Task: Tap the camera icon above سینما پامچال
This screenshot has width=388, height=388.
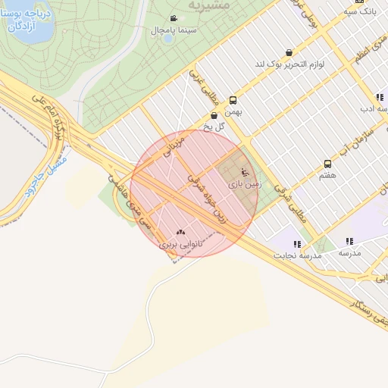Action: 174,18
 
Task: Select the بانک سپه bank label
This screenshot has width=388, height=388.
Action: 360,12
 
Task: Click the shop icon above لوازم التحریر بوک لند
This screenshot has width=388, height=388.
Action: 289,52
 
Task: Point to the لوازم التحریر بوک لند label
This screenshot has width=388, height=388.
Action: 289,64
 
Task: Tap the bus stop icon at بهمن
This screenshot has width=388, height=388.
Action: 233,100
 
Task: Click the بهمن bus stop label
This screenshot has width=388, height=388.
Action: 233,112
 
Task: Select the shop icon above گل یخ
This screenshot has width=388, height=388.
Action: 214,115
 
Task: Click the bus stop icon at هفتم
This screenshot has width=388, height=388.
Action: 327,164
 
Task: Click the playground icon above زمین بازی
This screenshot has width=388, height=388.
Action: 243,172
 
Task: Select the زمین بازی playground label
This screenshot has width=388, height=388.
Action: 243,184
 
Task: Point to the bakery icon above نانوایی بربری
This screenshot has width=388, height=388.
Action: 180,233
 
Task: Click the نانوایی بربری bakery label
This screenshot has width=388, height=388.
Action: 180,245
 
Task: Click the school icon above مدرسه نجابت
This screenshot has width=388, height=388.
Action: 297,244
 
